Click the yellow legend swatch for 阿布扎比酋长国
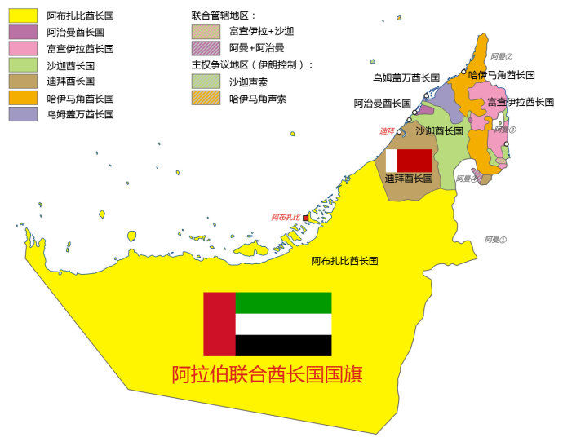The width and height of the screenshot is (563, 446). coord(23,15)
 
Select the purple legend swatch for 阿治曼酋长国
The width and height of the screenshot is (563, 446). coord(23,32)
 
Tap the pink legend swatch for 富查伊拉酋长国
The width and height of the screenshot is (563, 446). coord(23,48)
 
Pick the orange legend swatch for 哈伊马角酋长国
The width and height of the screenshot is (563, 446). coord(23,98)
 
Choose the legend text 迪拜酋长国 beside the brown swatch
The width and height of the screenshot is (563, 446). coord(71,82)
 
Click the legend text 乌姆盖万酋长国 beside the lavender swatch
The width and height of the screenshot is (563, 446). coord(80,115)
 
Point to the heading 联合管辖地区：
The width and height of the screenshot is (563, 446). coord(224,15)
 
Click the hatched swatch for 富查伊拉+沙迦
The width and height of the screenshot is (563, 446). coord(206,32)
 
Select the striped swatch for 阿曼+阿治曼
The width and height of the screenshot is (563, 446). coord(206,48)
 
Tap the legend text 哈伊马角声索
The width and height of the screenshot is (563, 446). coord(258,99)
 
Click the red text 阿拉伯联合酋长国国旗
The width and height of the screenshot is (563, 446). coord(267,375)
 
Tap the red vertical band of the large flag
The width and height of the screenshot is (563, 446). coord(219,324)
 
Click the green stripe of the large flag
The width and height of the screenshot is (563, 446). coord(283,302)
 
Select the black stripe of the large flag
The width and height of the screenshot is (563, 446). coord(283,346)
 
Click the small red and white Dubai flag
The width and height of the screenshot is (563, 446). coord(408,160)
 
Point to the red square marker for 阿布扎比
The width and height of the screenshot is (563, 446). coord(306,218)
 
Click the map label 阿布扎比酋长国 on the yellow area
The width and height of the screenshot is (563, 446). coord(344,262)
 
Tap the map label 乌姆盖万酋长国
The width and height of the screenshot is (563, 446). coord(406,78)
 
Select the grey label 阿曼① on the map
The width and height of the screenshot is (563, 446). coord(495,240)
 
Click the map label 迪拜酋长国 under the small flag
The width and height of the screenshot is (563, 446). coord(408,179)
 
